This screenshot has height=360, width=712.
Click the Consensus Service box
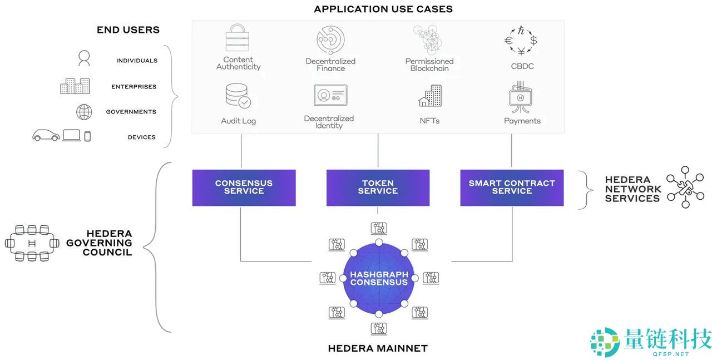(x=244, y=188)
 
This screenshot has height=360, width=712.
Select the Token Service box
(x=378, y=188)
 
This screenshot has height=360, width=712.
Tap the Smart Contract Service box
(x=512, y=188)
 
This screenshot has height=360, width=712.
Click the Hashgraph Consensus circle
(x=379, y=278)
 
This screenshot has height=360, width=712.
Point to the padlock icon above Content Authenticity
(x=238, y=38)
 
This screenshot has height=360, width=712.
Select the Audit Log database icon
(x=238, y=96)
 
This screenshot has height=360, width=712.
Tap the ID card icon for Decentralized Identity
(x=330, y=95)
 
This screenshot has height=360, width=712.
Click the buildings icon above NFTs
(x=430, y=96)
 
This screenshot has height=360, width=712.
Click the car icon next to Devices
(x=46, y=135)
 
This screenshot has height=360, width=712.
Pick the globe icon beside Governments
(x=84, y=112)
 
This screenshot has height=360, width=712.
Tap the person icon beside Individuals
(x=84, y=58)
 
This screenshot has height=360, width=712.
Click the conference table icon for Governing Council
(x=32, y=243)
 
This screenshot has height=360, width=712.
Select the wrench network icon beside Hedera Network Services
(x=685, y=187)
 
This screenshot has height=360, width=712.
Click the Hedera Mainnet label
(x=378, y=349)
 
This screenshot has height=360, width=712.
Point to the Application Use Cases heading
(x=383, y=9)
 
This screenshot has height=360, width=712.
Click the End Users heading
(x=128, y=30)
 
